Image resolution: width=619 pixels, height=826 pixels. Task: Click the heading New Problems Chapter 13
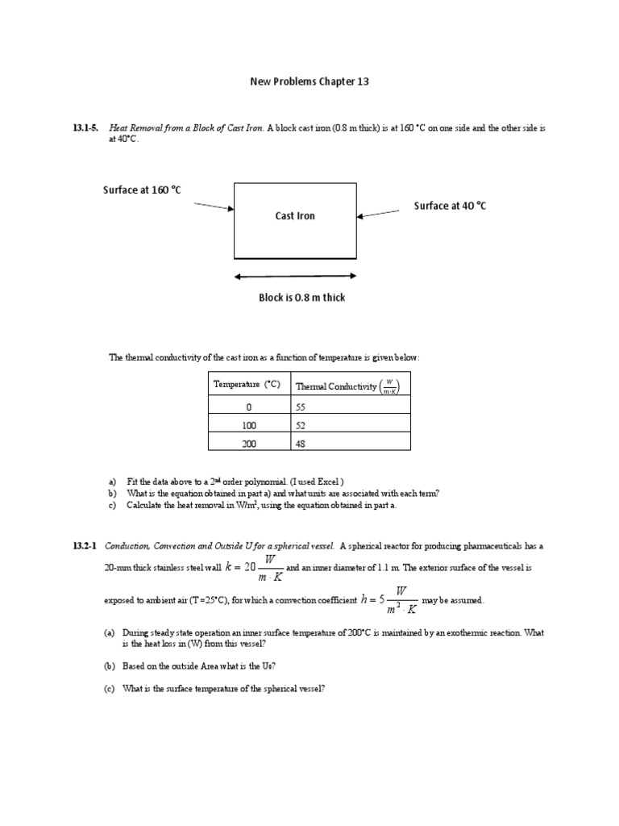309,81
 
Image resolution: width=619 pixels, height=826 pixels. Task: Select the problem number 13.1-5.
87,129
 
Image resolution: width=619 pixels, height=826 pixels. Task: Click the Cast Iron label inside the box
295,215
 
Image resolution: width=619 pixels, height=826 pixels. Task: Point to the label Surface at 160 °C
142,190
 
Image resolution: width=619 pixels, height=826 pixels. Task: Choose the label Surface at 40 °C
450,206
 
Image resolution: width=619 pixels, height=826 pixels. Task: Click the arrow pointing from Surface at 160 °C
214,206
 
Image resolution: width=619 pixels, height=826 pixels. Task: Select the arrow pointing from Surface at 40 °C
378,213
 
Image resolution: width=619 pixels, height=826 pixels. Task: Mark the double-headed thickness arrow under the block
295,276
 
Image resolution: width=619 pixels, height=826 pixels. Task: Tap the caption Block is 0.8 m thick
301,298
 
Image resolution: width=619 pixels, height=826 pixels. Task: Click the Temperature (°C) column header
247,385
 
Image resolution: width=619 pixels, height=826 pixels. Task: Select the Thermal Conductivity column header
347,386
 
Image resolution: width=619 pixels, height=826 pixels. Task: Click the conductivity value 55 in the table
301,408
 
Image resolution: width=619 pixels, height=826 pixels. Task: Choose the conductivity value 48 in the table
301,443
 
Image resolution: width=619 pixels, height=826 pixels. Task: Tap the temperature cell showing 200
248,443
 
